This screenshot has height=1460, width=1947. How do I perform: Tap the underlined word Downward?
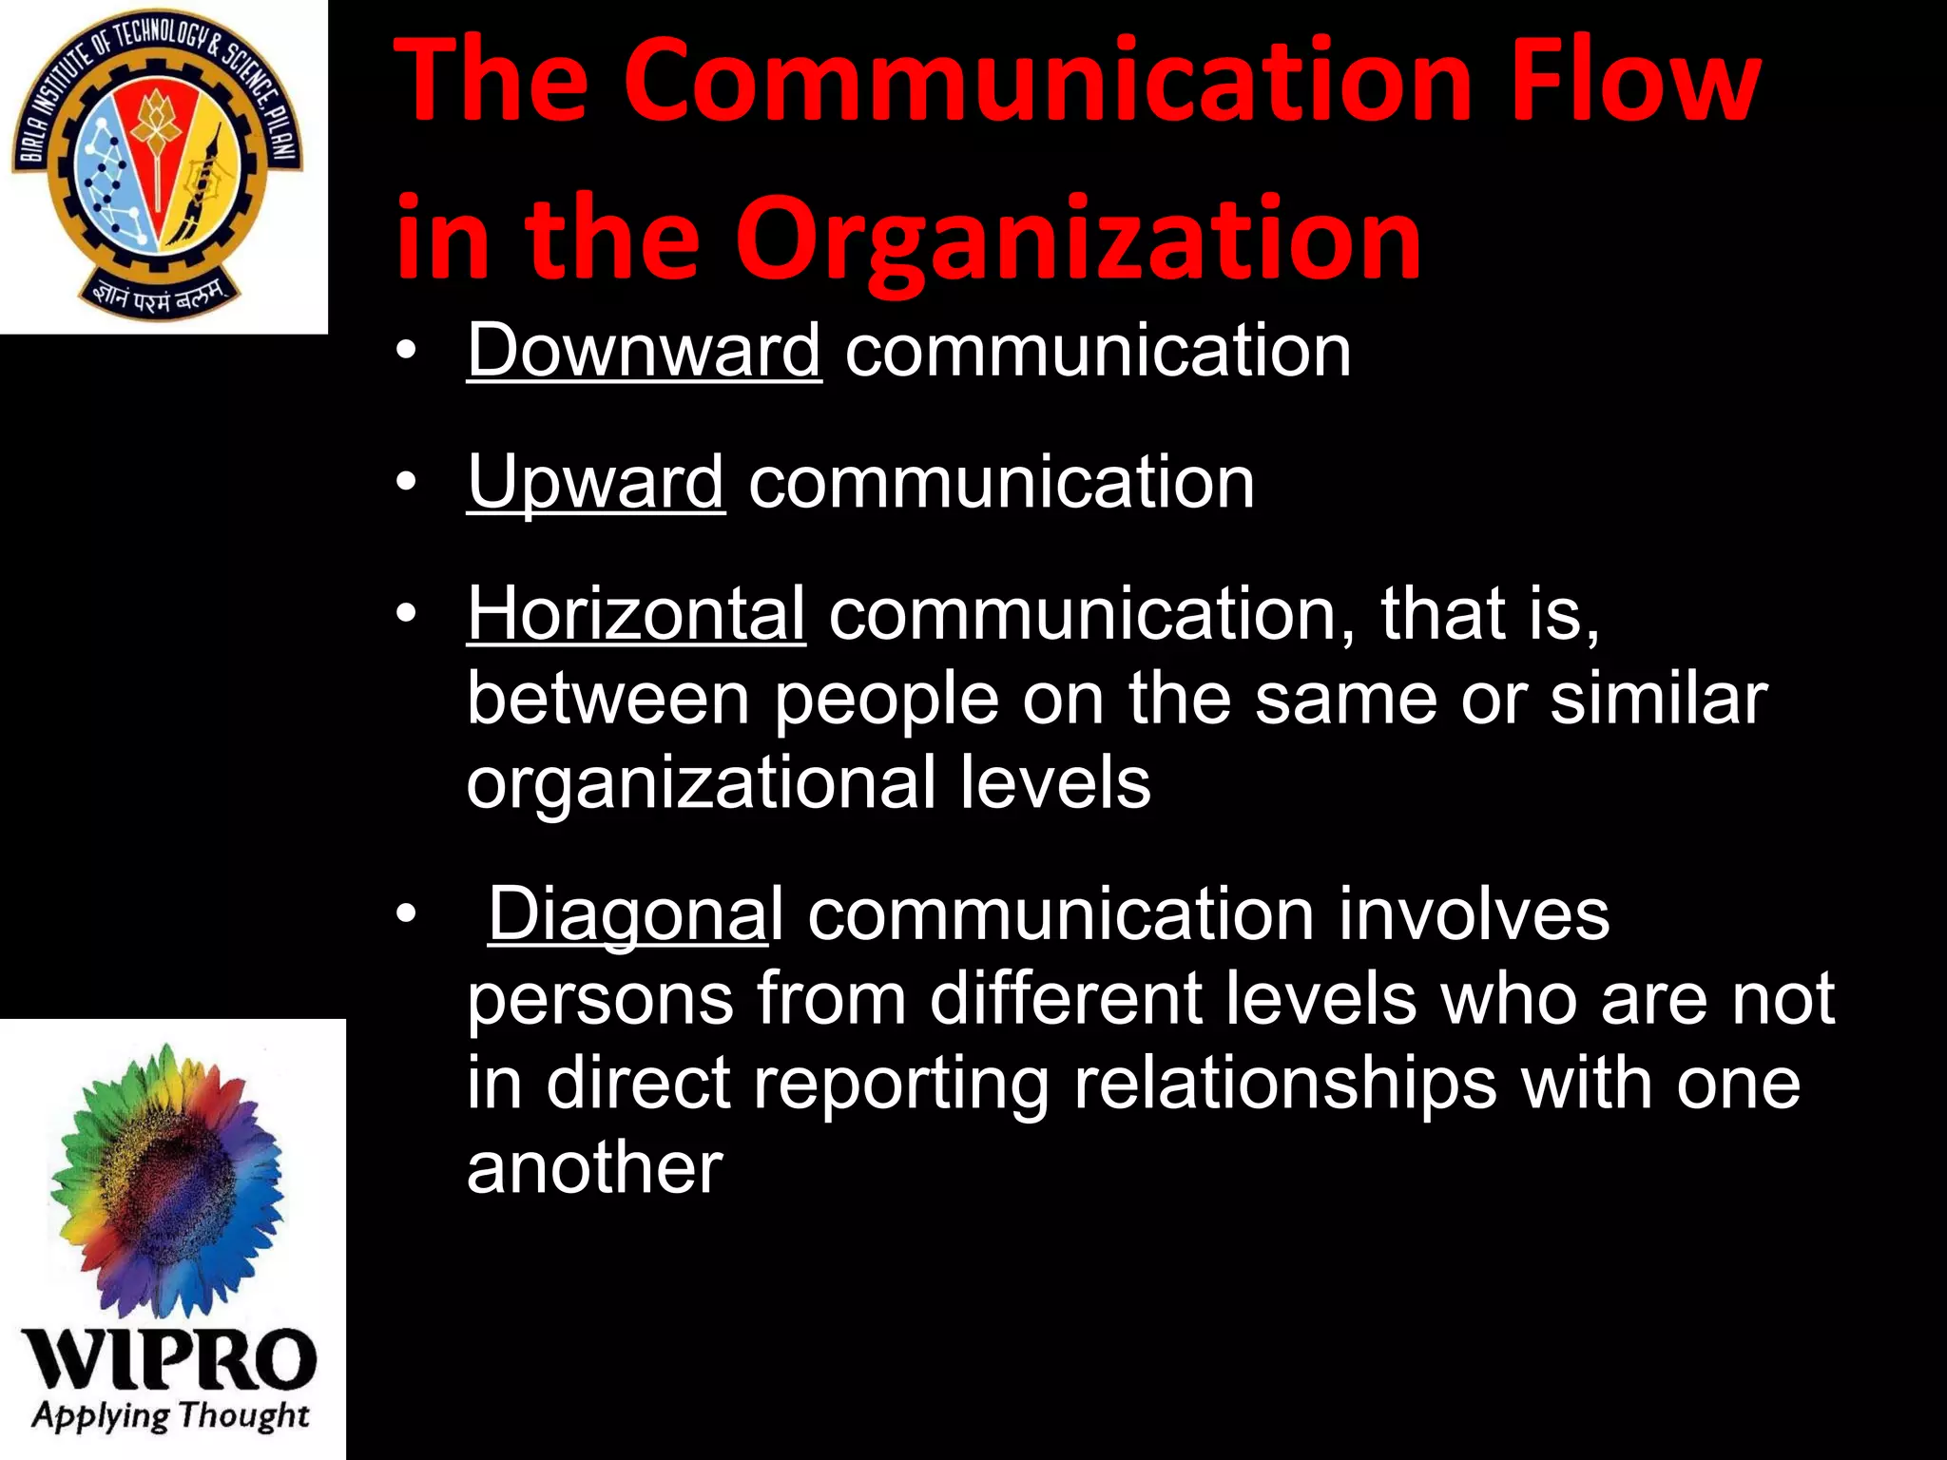644,351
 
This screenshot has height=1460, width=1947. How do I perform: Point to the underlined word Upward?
595,482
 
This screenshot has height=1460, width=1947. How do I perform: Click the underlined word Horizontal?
636,614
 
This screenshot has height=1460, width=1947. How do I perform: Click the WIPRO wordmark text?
169,1359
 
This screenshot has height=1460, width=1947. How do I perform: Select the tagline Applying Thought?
171,1416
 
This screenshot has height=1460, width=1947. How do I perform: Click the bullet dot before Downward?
407,352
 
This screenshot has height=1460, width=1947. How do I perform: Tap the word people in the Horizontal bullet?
885,700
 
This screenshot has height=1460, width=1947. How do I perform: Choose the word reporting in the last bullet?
901,1084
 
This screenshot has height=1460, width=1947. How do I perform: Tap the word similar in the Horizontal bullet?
1658,700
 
